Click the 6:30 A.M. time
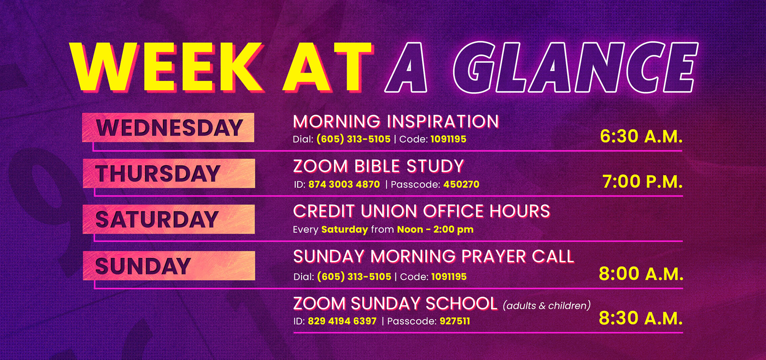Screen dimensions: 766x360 [641, 136]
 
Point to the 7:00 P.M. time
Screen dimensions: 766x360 [642, 182]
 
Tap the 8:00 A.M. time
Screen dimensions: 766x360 [641, 274]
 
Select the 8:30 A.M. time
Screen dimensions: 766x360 [641, 318]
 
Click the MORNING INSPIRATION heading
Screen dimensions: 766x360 [396, 121]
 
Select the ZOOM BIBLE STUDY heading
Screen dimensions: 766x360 [379, 166]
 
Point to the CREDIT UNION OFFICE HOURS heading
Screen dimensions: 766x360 [422, 211]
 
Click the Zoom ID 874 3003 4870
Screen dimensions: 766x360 [344, 184]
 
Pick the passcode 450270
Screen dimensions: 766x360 [461, 184]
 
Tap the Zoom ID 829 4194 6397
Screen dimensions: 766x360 [342, 321]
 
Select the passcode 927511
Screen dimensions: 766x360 [455, 321]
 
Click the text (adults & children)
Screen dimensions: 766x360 [547, 306]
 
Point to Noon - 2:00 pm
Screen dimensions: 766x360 [435, 229]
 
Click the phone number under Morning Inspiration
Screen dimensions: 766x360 [353, 139]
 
